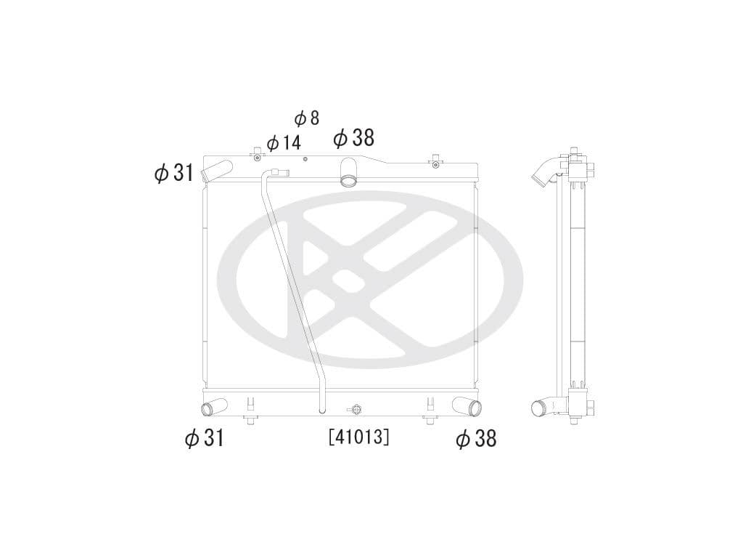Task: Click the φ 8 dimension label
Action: point(307,118)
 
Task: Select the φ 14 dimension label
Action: point(284,142)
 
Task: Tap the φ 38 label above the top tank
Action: point(353,137)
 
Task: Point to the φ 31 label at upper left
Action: point(174,173)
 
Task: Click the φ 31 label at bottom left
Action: point(204,438)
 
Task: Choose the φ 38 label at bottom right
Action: point(476,438)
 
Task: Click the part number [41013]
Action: point(358,437)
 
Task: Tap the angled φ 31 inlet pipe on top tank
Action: point(216,172)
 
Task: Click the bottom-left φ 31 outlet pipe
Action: point(213,408)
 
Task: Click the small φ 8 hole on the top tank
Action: point(305,159)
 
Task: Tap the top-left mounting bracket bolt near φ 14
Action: point(256,156)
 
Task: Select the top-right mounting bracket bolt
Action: point(435,163)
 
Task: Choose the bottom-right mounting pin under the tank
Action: point(430,420)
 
